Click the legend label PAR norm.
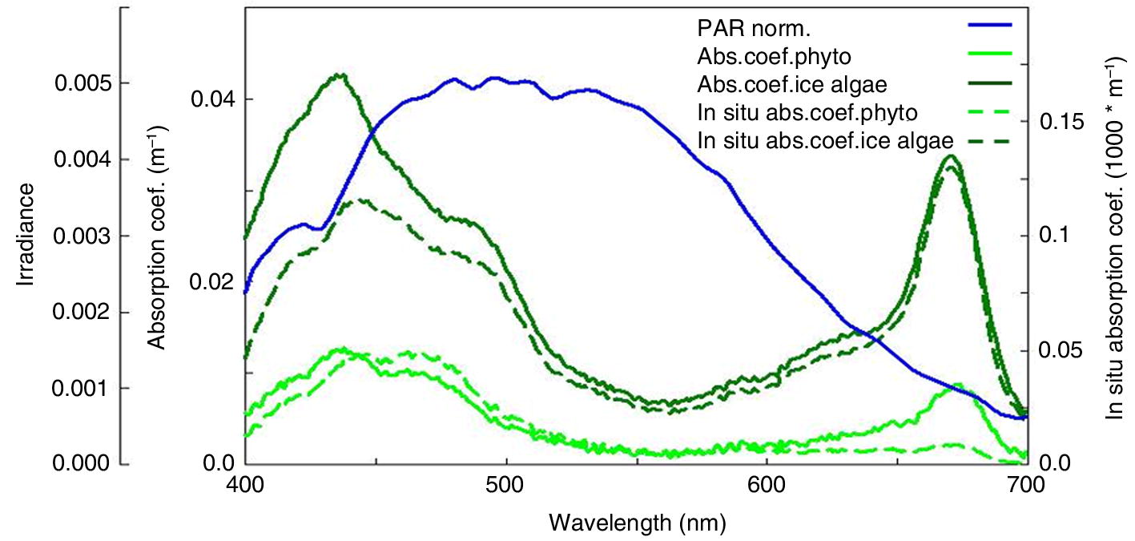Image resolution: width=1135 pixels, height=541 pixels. coord(754,30)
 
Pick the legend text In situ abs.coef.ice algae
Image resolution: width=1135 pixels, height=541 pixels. coord(825,139)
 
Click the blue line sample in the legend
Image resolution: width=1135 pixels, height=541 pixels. coord(990,26)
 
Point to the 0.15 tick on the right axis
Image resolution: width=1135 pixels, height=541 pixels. coord(1062,121)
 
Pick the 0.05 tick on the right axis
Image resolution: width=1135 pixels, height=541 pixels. coord(1062,350)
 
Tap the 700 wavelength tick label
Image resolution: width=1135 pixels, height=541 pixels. coord(1026,486)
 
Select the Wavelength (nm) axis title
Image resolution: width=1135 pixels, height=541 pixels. coord(638,523)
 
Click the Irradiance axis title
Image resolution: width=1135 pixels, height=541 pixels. coord(27,235)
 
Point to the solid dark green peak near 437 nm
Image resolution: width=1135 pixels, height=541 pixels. coord(341,75)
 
